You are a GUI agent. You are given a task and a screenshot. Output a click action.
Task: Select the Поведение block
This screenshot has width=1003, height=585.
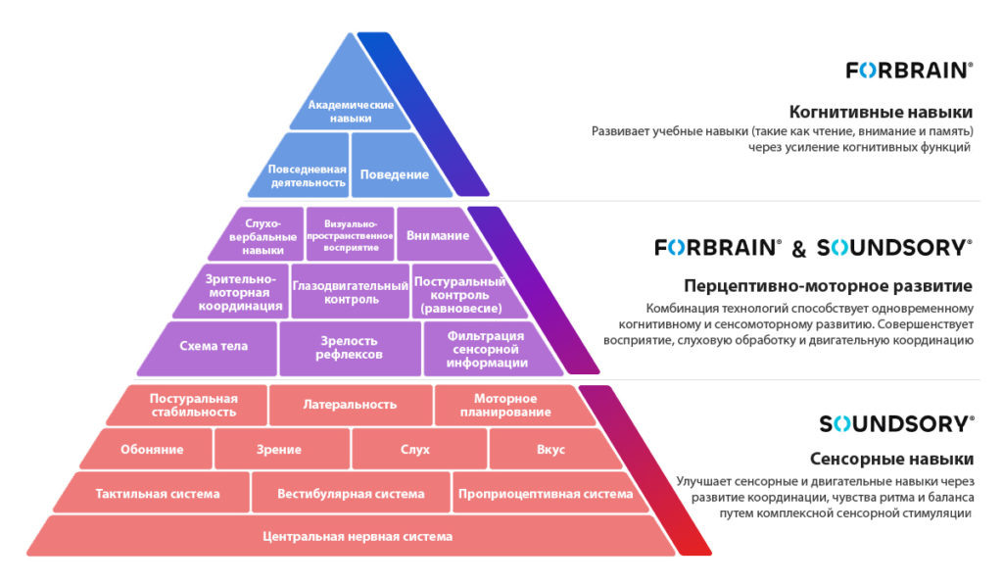tap(395, 174)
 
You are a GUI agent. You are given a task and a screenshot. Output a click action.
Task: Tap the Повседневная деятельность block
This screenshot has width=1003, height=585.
tap(309, 174)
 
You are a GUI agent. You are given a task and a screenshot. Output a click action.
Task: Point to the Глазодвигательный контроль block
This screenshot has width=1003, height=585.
tap(350, 290)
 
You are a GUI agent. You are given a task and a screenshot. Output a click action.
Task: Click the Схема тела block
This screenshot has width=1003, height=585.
tap(214, 346)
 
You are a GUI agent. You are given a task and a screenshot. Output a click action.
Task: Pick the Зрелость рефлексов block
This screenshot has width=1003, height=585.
tap(349, 347)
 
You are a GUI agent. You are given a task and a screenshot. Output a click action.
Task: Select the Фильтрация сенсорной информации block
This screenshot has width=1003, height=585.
tap(487, 348)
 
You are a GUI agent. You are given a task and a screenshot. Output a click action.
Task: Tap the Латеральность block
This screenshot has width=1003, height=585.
tap(350, 404)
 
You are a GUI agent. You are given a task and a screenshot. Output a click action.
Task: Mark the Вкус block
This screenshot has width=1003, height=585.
tap(550, 450)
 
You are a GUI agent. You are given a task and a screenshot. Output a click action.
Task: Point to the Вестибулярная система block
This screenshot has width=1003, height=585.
tap(351, 493)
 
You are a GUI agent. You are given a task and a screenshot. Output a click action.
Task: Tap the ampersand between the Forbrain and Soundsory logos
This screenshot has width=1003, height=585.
tap(798, 249)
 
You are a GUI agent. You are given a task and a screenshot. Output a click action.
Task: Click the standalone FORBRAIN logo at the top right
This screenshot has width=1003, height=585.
tap(910, 70)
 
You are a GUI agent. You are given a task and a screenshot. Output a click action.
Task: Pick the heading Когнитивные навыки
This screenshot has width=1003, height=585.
tap(881, 112)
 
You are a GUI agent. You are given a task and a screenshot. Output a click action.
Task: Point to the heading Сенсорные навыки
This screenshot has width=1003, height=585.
tap(891, 459)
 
